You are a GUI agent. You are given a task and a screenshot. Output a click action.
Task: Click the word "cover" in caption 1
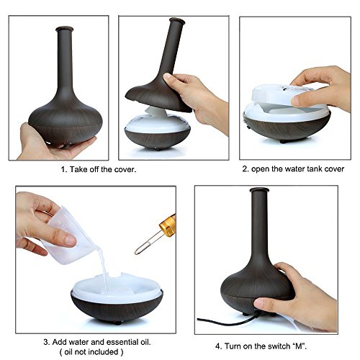[125, 169]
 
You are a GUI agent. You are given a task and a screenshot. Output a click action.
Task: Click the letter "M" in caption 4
[299, 346]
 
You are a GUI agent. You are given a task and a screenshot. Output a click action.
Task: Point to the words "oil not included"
[91, 352]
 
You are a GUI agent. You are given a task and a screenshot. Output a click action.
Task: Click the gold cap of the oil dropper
[168, 225]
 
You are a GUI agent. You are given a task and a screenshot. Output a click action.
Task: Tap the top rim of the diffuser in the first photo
[64, 29]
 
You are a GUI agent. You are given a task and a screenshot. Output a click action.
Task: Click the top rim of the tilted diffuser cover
[177, 21]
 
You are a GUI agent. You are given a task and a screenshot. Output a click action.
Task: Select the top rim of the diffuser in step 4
[259, 190]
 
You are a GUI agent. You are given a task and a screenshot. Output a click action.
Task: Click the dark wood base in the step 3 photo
[117, 308]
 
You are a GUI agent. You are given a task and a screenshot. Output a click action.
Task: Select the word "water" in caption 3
[78, 342]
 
